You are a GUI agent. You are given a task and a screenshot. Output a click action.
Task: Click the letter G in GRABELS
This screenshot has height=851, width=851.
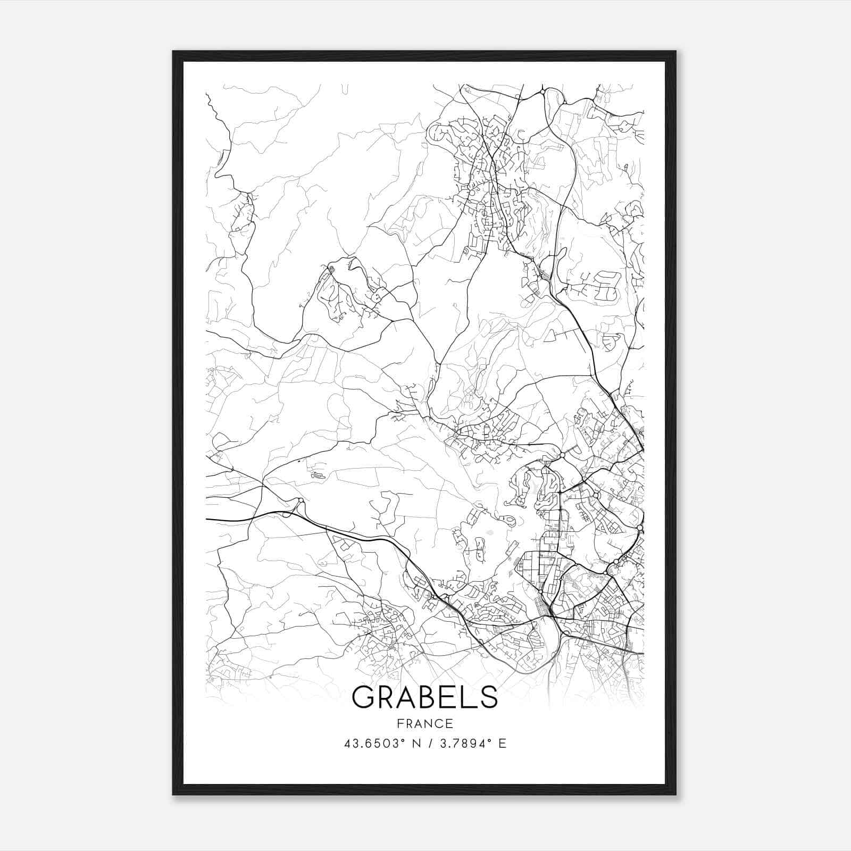[x=364, y=697]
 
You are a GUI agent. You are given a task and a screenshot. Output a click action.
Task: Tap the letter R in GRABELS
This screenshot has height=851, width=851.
[x=388, y=697]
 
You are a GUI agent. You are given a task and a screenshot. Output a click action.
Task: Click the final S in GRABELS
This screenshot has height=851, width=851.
[x=489, y=697]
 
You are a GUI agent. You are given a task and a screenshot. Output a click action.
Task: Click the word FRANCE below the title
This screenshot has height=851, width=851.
[x=425, y=723]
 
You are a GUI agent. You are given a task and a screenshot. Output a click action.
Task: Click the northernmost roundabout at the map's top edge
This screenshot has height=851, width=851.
[x=541, y=92]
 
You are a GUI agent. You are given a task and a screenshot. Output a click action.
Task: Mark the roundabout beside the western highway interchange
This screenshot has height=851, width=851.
[x=301, y=500]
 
